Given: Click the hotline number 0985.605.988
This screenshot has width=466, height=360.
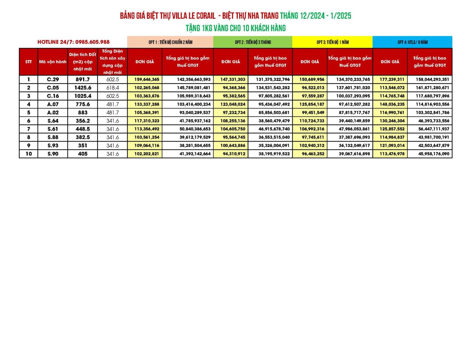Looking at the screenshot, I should point(92,42).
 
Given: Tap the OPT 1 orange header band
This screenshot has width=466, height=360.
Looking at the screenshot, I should point(170,42).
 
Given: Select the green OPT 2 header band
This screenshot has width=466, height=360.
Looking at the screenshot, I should point(253,42).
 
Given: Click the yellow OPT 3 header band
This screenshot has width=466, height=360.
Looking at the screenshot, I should point(332,42).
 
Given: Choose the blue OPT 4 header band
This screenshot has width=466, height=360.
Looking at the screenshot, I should point(412,42).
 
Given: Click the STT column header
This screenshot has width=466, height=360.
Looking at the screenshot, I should point(29,62).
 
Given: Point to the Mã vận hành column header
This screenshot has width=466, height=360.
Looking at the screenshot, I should point(53,62).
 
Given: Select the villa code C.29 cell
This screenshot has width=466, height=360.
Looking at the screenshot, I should point(53,79).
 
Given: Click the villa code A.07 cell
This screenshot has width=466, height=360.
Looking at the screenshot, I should point(53,104).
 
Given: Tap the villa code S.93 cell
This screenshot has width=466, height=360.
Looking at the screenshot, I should point(53,146).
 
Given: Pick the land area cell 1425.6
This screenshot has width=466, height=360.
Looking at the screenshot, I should point(83,88).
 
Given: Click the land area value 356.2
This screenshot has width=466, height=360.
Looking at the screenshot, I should point(83,121).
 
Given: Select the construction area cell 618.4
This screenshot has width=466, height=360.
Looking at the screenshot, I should point(112,88).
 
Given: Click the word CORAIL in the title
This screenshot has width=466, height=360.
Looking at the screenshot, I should point(205,16).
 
